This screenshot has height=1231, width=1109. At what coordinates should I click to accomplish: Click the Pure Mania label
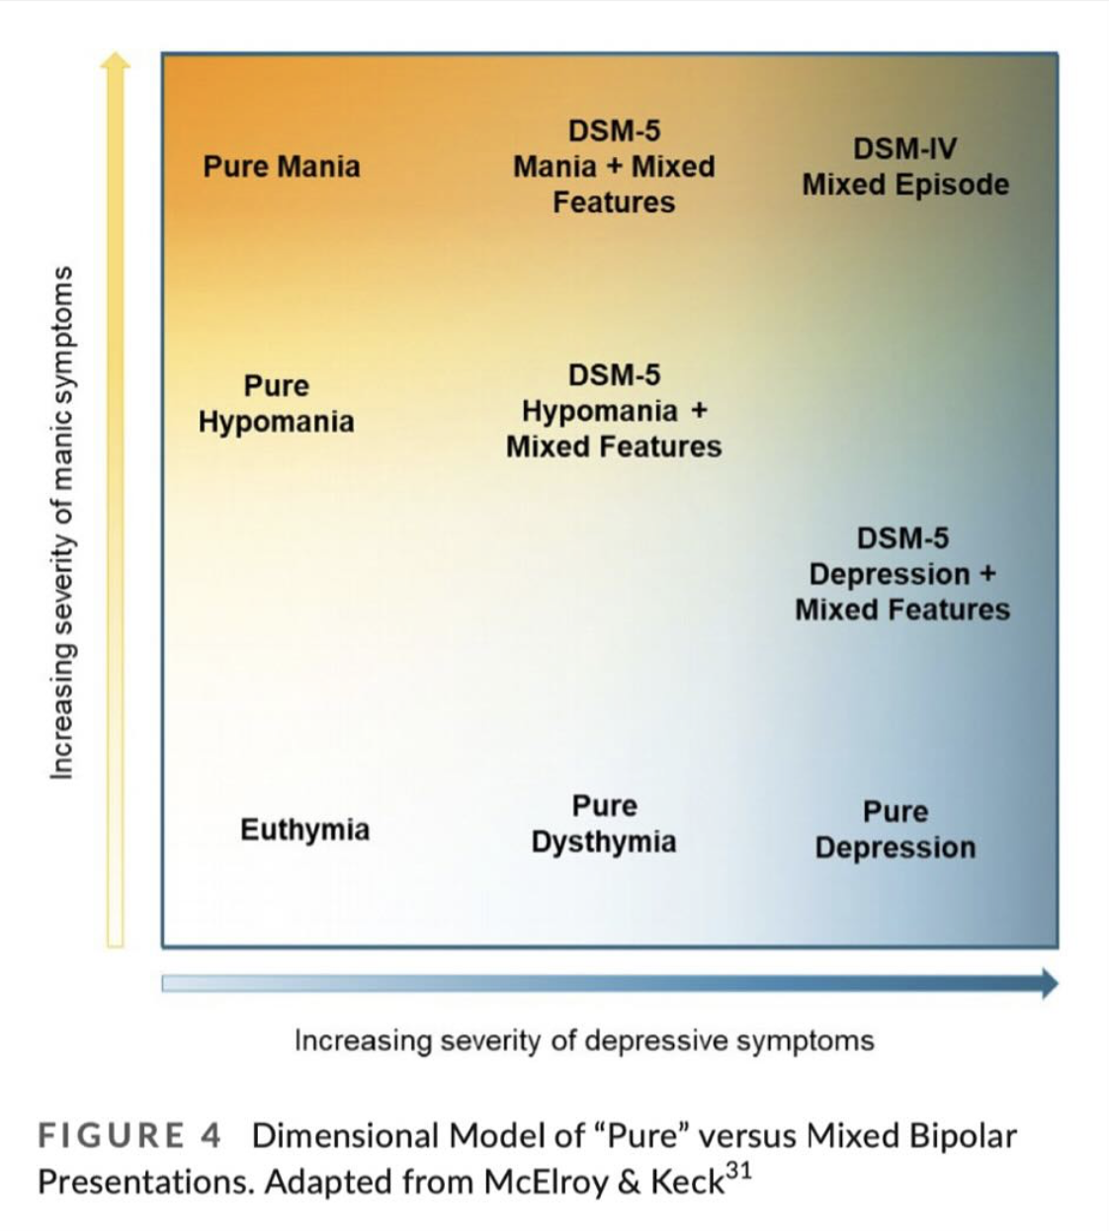pyautogui.click(x=282, y=166)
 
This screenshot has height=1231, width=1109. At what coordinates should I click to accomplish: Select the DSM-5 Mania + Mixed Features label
pyautogui.click(x=614, y=166)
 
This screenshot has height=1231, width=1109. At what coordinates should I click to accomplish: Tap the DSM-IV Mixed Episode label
pyautogui.click(x=905, y=167)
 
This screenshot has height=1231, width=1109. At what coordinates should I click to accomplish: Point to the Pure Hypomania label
pyautogui.click(x=276, y=403)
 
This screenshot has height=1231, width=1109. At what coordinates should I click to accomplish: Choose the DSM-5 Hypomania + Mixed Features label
pyautogui.click(x=614, y=411)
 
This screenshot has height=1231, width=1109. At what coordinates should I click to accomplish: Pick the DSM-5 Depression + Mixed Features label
pyautogui.click(x=902, y=574)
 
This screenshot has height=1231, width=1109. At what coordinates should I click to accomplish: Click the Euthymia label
pyautogui.click(x=304, y=829)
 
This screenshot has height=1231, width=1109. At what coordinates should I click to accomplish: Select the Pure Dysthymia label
pyautogui.click(x=604, y=824)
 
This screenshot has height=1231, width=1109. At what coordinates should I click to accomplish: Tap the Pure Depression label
pyautogui.click(x=896, y=830)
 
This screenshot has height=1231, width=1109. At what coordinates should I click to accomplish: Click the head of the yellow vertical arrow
pyautogui.click(x=116, y=61)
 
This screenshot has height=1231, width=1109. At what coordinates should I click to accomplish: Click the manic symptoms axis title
pyautogui.click(x=62, y=522)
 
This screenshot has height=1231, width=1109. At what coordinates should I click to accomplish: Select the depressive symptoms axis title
pyautogui.click(x=584, y=1040)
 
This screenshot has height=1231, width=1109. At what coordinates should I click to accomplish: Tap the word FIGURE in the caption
pyautogui.click(x=111, y=1136)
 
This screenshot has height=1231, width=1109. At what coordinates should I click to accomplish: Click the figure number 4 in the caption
pyautogui.click(x=210, y=1136)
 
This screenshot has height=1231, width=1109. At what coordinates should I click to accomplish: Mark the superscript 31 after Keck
pyautogui.click(x=738, y=1172)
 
